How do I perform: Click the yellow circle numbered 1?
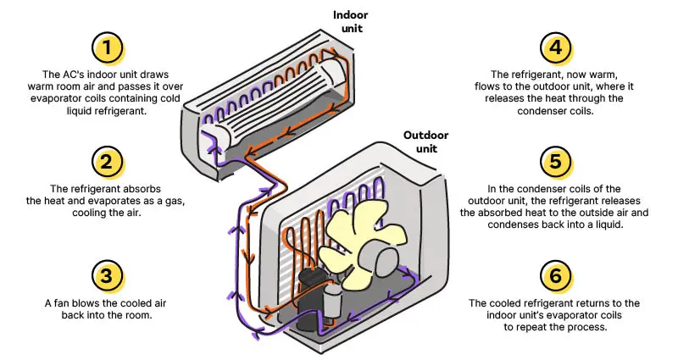pyautogui.click(x=107, y=47)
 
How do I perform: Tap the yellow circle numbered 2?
pyautogui.click(x=107, y=161)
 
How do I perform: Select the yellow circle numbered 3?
pyautogui.click(x=107, y=275)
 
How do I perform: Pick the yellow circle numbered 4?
pyautogui.click(x=556, y=47)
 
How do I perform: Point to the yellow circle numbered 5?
pyautogui.click(x=556, y=161)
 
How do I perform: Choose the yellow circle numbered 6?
pyautogui.click(x=556, y=275)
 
